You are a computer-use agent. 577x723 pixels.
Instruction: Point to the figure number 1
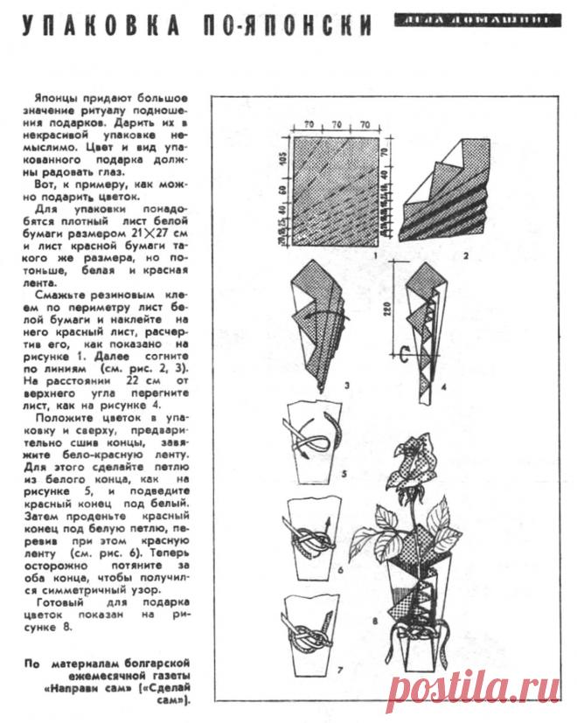(373, 254)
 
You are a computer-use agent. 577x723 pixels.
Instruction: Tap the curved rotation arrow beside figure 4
(403, 356)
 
